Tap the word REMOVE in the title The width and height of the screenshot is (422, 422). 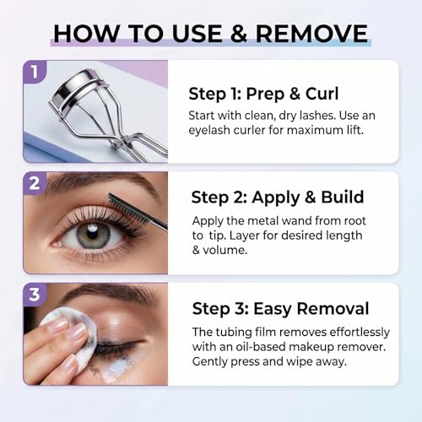pyautogui.click(x=311, y=34)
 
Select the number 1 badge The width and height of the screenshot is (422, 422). pyautogui.click(x=35, y=72)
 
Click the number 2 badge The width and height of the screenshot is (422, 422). pyautogui.click(x=35, y=183)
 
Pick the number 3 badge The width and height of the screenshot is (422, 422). pyautogui.click(x=35, y=295)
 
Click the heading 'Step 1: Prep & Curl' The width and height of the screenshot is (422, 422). pyautogui.click(x=263, y=94)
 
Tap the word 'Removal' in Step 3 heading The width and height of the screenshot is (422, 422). pyautogui.click(x=333, y=308)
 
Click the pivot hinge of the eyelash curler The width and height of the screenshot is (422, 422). pyautogui.click(x=118, y=143)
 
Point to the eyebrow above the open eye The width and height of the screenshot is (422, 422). pyautogui.click(x=104, y=183)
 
